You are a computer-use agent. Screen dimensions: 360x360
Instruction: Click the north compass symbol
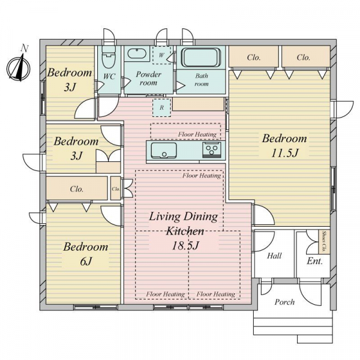point(19,68)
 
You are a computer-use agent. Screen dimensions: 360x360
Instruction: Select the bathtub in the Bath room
point(201,58)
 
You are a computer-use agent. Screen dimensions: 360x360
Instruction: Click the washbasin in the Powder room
point(137,54)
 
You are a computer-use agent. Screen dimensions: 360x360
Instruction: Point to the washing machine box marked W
point(162,55)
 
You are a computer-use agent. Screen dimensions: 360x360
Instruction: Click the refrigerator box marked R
point(162,107)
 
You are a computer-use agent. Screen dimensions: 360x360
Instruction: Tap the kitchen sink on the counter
point(164,151)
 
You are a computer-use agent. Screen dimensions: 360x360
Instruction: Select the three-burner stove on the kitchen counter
point(211,149)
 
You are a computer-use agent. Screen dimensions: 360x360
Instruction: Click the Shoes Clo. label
point(325,242)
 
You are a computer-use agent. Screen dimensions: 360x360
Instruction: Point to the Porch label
point(284,302)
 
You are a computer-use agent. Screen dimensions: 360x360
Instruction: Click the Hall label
point(274,256)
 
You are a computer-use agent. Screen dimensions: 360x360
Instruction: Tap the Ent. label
point(315,261)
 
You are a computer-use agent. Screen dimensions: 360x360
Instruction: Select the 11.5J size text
point(284,153)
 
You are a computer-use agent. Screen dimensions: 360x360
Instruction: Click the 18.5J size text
point(185,245)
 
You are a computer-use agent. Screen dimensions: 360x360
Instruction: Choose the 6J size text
point(86,261)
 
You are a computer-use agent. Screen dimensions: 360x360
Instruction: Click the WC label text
point(109,76)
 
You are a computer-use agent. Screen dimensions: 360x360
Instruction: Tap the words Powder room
point(149,78)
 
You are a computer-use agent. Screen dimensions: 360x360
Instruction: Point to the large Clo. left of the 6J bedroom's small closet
point(77,189)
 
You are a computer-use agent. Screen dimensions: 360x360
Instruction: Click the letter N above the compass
point(25,49)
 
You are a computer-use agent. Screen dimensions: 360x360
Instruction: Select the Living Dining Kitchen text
point(184,224)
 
